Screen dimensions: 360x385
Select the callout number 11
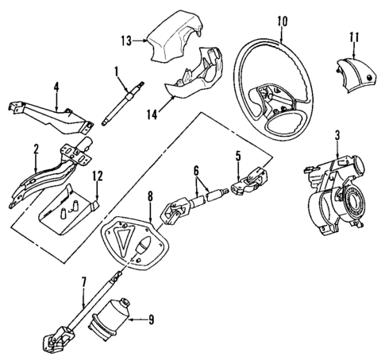[x=355, y=36]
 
